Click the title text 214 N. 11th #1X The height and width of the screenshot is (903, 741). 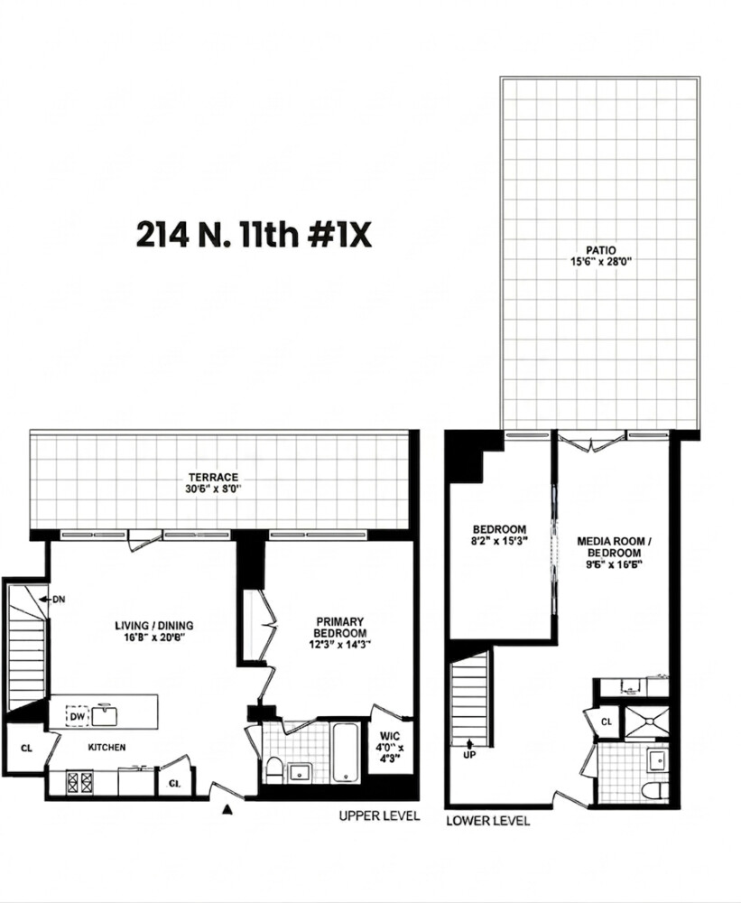253,234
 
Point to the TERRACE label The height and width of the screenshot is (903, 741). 213,477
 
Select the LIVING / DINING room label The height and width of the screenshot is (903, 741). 153,625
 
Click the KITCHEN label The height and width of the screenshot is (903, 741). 107,748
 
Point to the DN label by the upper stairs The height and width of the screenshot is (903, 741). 59,599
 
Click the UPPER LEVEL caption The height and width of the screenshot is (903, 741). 379,816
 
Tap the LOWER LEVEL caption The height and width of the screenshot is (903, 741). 487,821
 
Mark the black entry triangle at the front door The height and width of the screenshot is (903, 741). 227,810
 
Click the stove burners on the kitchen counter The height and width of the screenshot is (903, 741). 79,781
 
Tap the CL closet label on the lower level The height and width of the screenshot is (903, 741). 607,722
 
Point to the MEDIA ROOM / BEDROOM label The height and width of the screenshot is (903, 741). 613,547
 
